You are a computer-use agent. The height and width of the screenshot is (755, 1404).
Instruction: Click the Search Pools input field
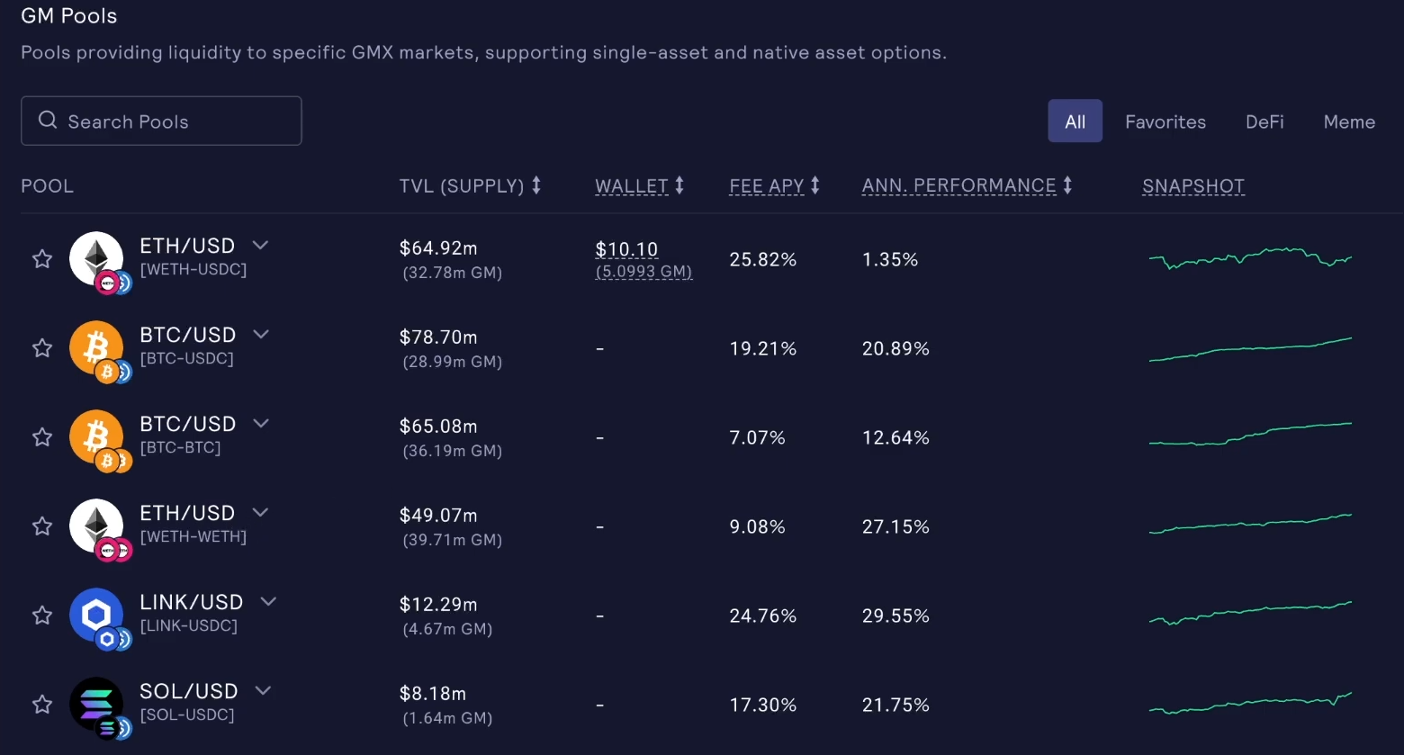(162, 121)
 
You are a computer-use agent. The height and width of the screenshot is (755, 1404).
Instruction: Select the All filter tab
(1075, 121)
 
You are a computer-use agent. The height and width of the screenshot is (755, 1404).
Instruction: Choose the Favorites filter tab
(1165, 121)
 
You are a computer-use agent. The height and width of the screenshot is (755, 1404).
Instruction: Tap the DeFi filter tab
(1264, 121)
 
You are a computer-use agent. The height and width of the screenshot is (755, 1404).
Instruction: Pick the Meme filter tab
(1349, 121)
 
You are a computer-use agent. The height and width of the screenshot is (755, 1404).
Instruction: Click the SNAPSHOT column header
(1192, 186)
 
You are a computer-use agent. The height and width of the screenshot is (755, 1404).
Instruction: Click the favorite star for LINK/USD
(42, 616)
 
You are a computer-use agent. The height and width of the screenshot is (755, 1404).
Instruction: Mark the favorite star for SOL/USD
(42, 705)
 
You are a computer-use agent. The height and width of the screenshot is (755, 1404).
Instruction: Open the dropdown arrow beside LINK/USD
(268, 601)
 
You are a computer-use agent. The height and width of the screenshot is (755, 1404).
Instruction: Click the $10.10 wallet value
(626, 249)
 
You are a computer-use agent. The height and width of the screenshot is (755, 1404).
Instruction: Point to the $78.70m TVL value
(438, 337)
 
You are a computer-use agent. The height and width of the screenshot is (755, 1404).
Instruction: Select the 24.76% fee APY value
(762, 616)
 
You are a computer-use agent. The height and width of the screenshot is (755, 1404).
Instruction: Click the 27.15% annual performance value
(895, 527)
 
